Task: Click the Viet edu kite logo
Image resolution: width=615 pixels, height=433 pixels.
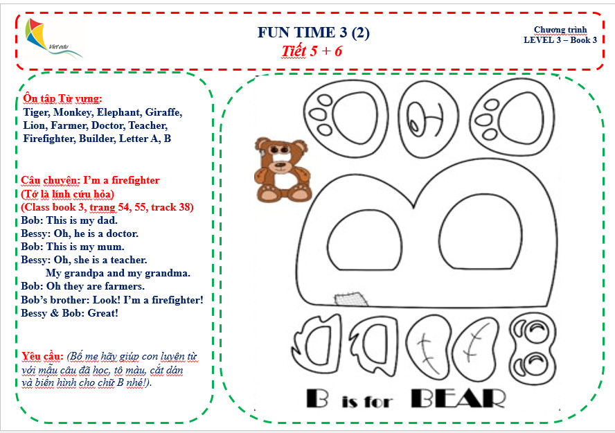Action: click(53, 38)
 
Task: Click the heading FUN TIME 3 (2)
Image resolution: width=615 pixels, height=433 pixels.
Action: click(313, 33)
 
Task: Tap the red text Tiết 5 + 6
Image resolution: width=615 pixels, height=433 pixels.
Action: click(312, 51)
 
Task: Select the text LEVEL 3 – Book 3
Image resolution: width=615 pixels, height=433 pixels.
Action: click(560, 40)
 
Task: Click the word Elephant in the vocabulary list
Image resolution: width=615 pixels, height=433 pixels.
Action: click(120, 112)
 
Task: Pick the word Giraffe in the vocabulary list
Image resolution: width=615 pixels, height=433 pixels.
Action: click(163, 112)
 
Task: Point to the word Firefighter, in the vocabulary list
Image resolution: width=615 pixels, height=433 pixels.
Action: click(49, 139)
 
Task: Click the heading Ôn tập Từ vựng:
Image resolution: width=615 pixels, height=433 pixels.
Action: click(63, 98)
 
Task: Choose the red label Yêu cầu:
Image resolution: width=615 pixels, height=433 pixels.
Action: click(42, 356)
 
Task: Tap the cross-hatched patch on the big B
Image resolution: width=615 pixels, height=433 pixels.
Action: click(351, 299)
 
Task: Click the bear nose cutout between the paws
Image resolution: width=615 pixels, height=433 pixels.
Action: click(428, 118)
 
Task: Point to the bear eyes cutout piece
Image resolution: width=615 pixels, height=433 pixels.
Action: click(533, 348)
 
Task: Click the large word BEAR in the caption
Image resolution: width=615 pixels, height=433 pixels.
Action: click(457, 399)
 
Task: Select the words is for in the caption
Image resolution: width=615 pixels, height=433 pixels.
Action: click(367, 402)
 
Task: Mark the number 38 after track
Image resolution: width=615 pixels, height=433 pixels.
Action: click(186, 207)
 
